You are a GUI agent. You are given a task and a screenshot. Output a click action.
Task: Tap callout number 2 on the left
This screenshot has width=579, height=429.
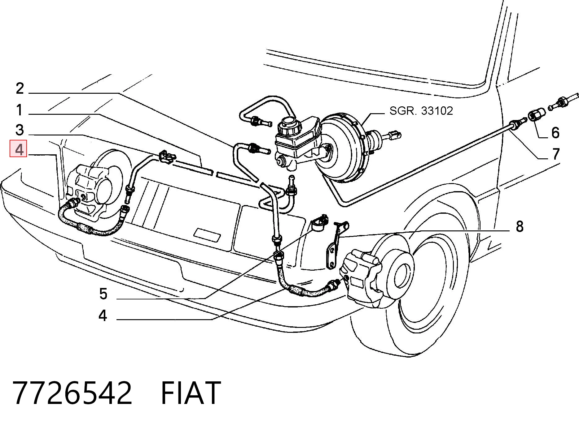click(x=20, y=88)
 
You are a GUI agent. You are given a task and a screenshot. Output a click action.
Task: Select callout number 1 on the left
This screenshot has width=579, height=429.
click(x=20, y=110)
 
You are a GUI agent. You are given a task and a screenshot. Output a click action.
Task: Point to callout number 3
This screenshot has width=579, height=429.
click(x=20, y=130)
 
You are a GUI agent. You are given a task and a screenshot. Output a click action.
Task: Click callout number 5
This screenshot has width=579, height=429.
click(x=103, y=294)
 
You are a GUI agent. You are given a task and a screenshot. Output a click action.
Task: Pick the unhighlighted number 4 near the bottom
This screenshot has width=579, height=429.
click(x=103, y=315)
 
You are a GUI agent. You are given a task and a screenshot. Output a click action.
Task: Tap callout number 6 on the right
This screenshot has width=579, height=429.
click(x=555, y=132)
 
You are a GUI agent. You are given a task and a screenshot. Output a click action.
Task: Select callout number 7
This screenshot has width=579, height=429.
click(x=556, y=154)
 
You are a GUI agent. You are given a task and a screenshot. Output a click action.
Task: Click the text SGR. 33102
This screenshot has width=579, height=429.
click(x=421, y=111)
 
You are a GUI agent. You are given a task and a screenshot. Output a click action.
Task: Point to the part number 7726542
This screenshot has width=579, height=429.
click(x=72, y=393)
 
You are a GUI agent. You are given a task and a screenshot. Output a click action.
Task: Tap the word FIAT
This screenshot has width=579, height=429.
click(x=191, y=393)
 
